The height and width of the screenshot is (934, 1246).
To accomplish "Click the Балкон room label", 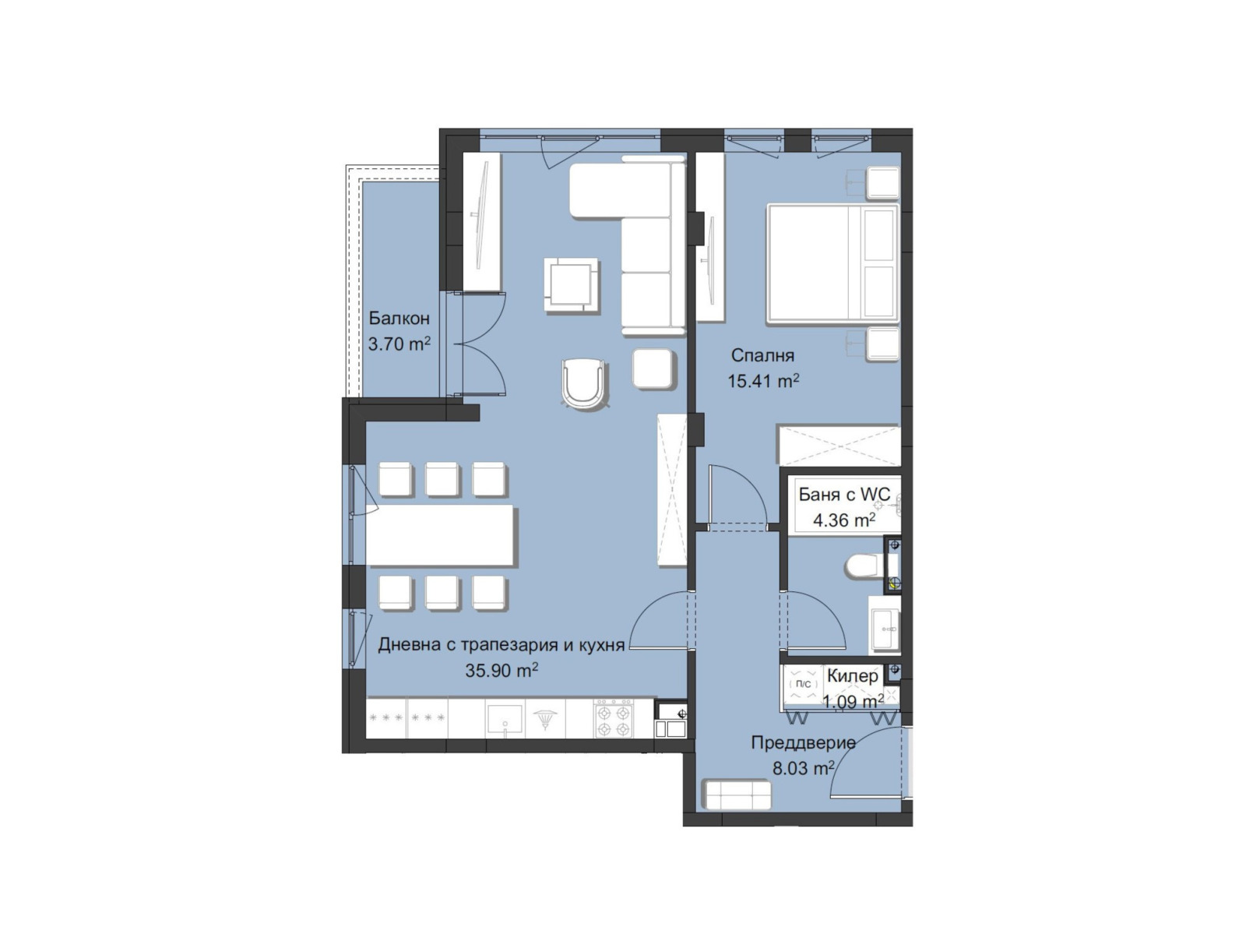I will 399,318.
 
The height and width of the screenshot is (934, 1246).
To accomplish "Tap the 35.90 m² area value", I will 502,670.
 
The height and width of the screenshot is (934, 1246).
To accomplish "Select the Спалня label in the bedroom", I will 762,356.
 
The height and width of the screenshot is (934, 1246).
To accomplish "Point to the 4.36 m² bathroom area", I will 844,520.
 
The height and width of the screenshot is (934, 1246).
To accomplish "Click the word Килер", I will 852,676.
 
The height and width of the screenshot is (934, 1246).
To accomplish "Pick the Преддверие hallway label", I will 803,742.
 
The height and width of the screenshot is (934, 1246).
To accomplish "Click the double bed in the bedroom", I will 832,263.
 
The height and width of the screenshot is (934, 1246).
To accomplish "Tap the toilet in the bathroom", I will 862,566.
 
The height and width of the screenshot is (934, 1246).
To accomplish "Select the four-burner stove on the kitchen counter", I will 613,718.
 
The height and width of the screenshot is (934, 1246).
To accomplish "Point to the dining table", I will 441,536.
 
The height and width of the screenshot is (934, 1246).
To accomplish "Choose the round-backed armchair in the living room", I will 584,382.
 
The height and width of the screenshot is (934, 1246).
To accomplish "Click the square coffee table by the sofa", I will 572,285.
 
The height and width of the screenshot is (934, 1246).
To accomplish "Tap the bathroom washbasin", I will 885,622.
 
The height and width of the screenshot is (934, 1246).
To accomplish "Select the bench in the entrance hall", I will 737,795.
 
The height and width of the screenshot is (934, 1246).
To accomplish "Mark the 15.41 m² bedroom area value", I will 763,381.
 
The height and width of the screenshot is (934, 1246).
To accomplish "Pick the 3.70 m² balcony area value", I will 399,344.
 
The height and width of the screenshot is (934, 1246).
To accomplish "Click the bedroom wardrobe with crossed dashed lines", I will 839,446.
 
